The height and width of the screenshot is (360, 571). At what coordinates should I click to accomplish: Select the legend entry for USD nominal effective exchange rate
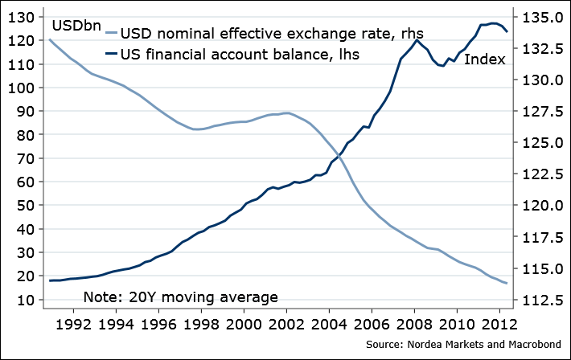272,35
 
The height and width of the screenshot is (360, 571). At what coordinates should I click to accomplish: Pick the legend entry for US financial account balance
239,55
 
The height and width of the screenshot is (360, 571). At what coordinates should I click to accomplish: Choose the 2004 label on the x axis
328,326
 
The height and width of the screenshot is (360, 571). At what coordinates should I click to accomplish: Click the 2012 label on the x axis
498,326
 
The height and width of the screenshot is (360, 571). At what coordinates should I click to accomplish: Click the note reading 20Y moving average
180,297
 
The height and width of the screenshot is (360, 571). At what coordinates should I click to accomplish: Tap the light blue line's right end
506,284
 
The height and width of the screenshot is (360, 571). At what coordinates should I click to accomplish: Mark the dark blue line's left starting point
50,280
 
